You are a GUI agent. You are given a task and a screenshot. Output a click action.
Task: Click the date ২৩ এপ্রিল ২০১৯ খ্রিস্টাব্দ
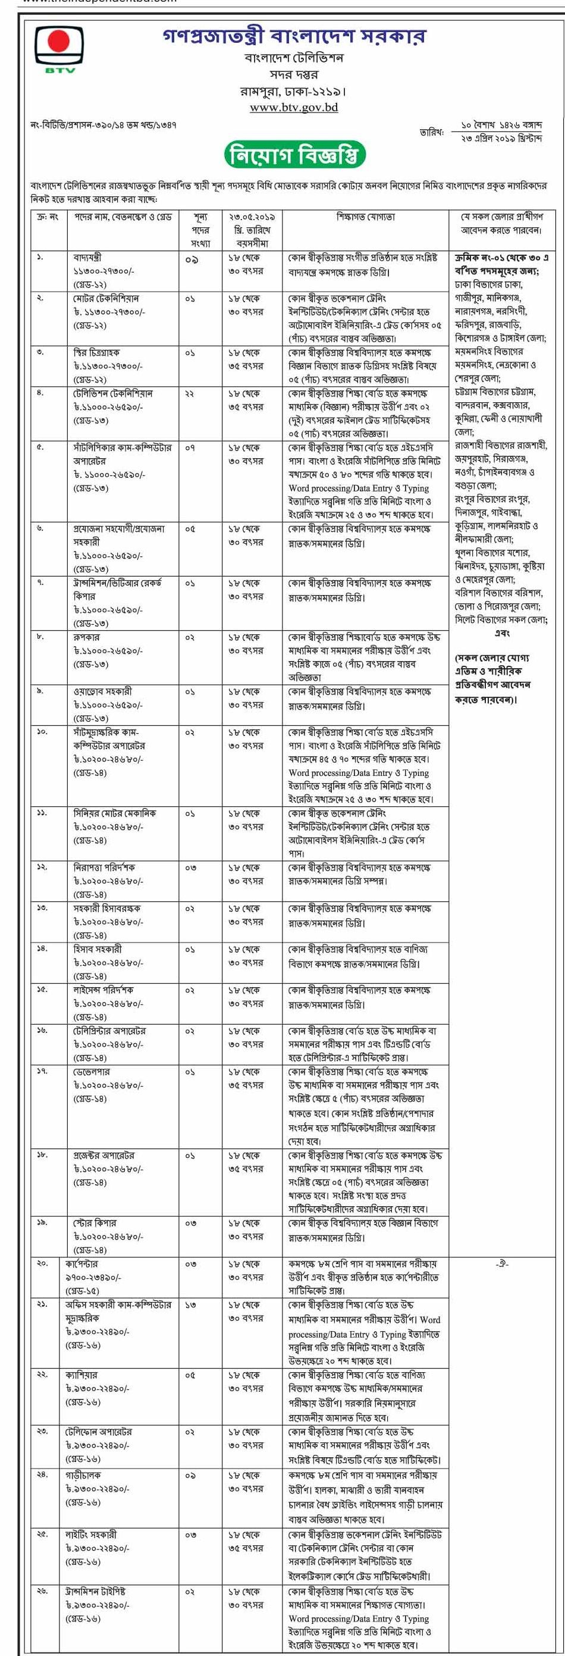[501, 138]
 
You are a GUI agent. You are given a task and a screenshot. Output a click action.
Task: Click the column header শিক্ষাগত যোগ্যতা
[366, 217]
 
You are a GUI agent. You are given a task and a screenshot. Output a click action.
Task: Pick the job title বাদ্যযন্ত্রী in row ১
[88, 258]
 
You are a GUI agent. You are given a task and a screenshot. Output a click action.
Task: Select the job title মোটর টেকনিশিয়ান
[105, 298]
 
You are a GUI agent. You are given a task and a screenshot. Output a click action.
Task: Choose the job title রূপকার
[85, 637]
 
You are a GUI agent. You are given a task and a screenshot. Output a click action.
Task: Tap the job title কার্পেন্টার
[89, 1264]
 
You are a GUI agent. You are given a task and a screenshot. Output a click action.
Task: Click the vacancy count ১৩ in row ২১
[190, 1305]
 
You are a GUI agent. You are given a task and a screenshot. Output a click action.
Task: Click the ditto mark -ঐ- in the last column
[502, 1264]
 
